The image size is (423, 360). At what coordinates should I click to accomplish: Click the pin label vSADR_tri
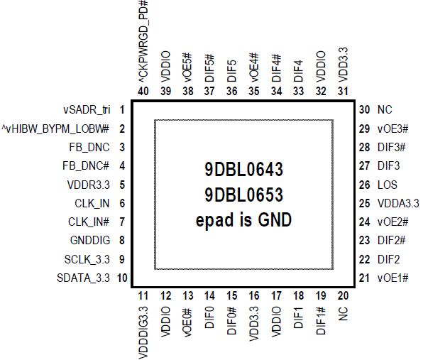point(87,110)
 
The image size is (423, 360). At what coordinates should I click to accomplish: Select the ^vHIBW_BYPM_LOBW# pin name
point(55,129)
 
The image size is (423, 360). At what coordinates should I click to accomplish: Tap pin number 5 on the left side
point(122,185)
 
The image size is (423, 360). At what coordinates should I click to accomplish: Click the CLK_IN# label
point(89,222)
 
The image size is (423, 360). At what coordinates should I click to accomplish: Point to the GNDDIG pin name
point(90,240)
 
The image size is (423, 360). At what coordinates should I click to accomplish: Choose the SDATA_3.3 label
point(83,278)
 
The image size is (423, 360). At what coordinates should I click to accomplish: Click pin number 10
point(122,278)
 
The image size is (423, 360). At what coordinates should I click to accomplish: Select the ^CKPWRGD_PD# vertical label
point(143,41)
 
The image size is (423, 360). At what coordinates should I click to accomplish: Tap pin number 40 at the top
point(143,91)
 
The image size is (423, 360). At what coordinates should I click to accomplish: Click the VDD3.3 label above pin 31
point(343,65)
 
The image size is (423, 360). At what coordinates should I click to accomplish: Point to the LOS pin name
point(388,185)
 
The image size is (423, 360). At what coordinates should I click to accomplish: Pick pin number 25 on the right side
point(364,204)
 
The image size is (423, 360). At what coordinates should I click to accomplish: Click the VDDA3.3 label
point(398,204)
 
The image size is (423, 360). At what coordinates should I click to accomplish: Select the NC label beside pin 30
point(385,110)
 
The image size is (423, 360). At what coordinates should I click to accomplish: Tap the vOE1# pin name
point(393,278)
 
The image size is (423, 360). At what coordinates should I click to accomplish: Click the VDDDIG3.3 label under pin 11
point(143,332)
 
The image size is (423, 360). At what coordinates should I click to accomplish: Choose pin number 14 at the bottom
point(209,296)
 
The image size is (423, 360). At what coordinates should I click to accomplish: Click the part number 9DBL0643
point(244,170)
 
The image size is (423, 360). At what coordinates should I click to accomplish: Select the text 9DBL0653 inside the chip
point(244,195)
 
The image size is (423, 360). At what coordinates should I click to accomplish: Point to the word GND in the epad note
point(275,219)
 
